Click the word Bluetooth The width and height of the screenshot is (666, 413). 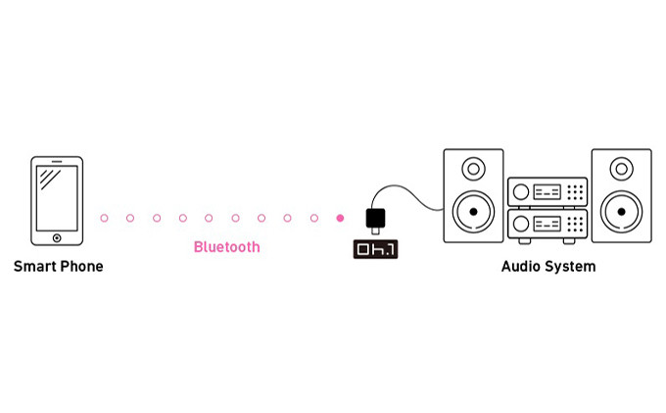tap(227, 247)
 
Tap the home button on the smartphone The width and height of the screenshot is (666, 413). tap(57, 236)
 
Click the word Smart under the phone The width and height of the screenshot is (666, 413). tap(34, 267)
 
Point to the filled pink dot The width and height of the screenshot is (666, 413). tap(340, 218)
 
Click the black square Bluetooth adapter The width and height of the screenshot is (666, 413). tap(376, 218)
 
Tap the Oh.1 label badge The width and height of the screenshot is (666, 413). tap(376, 249)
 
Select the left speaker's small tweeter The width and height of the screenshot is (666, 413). tap(473, 169)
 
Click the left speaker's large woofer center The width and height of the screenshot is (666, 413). tap(473, 211)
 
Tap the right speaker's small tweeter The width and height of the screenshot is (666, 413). tap(621, 169)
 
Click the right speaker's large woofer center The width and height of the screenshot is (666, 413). tap(621, 211)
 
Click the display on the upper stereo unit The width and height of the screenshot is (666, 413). tap(547, 192)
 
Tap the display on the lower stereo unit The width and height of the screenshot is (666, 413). tap(547, 224)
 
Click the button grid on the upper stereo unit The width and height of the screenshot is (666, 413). tap(576, 192)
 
